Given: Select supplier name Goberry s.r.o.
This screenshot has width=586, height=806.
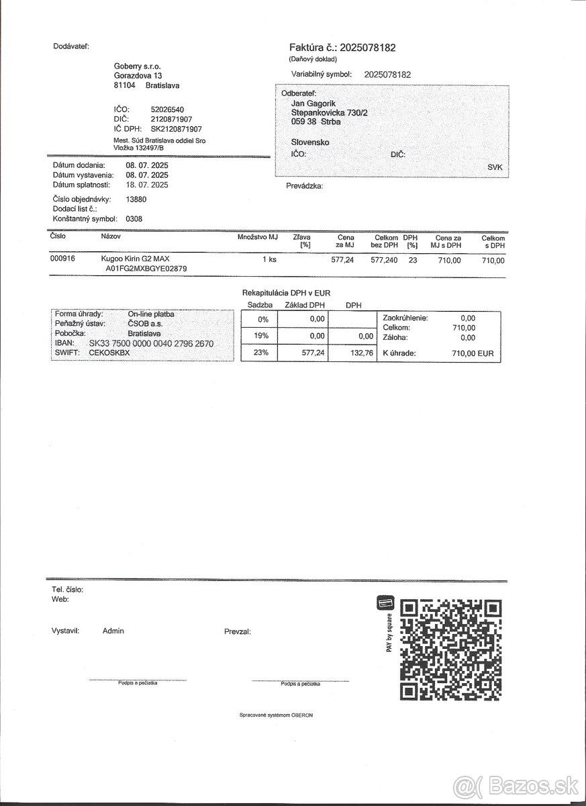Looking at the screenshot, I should point(138,66).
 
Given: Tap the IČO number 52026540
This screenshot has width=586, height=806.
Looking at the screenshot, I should point(167,109).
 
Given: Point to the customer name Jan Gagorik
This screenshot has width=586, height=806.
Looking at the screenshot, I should point(313,103).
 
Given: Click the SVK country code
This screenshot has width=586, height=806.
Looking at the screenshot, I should point(495,167).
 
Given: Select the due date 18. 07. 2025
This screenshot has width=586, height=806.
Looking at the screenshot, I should point(147,185).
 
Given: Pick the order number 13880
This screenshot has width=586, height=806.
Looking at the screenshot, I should point(136,199).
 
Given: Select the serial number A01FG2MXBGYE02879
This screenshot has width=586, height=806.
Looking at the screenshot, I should point(146,269).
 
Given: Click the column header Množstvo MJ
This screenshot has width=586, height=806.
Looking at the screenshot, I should point(257,237).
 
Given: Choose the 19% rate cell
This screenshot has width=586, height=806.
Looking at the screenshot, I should point(258,336).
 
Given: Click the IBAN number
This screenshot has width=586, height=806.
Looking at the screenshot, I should point(146,343).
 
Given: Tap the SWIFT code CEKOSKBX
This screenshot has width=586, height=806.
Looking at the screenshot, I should point(109,352).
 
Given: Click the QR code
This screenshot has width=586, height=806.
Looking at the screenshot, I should point(450,649).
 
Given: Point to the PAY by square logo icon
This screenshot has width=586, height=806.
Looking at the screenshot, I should point(385,603).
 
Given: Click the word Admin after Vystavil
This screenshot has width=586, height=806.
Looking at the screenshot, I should point(113,631).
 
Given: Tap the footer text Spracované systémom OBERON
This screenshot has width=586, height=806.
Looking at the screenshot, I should point(276,715).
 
